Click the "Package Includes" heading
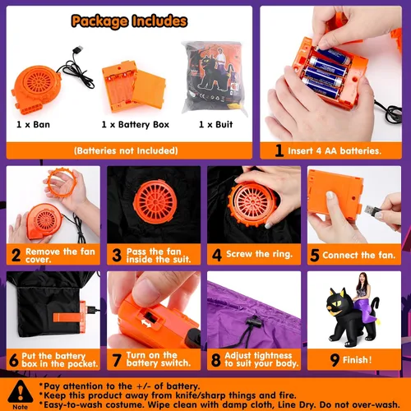(x=129, y=21)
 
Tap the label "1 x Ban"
(x=33, y=125)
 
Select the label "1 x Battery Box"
(x=136, y=125)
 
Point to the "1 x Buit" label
(x=215, y=125)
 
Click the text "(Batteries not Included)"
(x=126, y=150)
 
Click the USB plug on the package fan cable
(x=77, y=51)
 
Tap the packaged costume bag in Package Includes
(x=215, y=78)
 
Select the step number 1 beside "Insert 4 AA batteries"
(x=279, y=150)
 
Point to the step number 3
(x=117, y=255)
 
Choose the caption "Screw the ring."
(x=260, y=254)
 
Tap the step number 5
(x=315, y=255)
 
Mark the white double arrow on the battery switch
(x=146, y=323)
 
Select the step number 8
(x=216, y=360)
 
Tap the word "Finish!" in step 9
(x=358, y=360)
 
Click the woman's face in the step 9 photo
(x=363, y=280)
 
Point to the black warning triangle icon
(x=21, y=391)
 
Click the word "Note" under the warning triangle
(x=21, y=407)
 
